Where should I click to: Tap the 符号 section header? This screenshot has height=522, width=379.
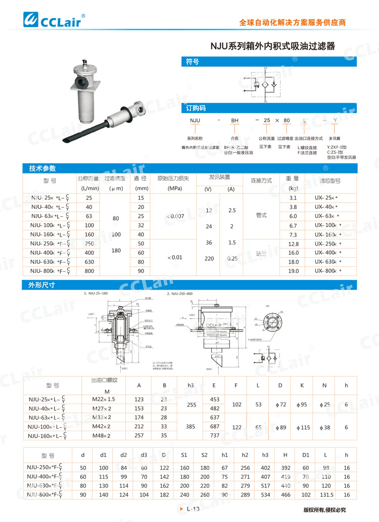coord(193,62)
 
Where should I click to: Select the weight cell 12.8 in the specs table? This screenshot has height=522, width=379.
coord(293,244)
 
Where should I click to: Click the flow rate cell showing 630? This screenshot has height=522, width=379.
coord(89,262)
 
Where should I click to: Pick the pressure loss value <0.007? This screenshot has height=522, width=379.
coord(174,216)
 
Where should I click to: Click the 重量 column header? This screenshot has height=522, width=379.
coord(293,179)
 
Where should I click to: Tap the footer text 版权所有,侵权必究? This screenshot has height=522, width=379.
coord(324,509)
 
